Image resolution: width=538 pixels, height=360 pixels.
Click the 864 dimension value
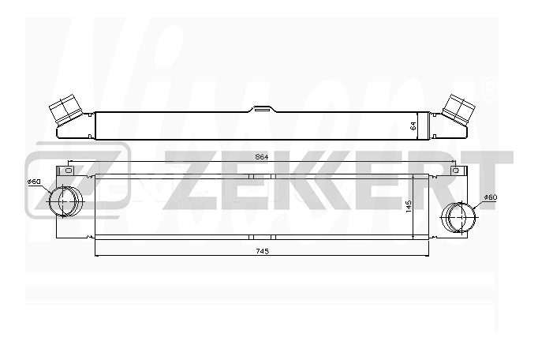point(261,157)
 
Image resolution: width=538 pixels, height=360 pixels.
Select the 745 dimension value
point(263,251)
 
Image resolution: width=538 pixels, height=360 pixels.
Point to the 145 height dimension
point(409,207)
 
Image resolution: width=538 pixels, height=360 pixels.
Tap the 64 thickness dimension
point(413,126)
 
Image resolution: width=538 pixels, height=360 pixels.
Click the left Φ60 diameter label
point(34,182)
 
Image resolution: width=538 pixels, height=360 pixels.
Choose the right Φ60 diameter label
point(491,197)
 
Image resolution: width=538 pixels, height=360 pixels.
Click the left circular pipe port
point(66,201)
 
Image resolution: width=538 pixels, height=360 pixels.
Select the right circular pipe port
point(458,218)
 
